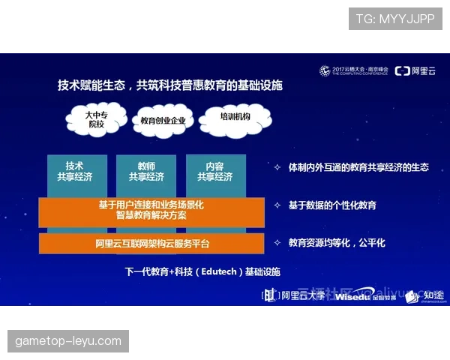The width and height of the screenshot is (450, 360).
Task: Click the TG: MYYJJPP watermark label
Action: (394, 19)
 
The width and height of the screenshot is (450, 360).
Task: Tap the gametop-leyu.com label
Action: (68, 341)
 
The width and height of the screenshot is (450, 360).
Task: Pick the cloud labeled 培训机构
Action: (234, 118)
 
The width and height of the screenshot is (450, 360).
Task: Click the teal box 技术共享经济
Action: (74, 173)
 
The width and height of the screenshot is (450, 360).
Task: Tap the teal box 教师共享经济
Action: (145, 173)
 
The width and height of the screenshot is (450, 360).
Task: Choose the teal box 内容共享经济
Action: (214, 173)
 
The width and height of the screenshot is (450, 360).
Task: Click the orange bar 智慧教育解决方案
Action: (151, 211)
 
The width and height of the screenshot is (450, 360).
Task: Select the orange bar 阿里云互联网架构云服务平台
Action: (151, 244)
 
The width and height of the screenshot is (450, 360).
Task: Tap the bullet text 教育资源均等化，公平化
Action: (337, 243)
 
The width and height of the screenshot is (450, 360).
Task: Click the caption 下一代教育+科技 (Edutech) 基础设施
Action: (202, 271)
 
